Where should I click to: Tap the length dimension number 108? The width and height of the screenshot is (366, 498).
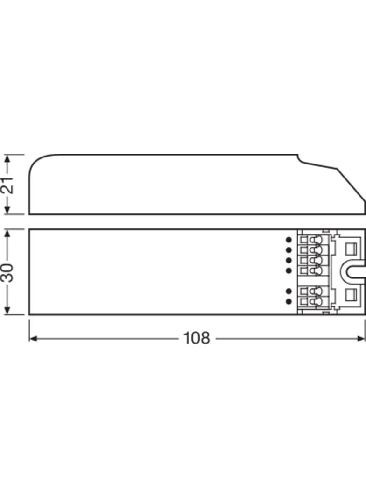pos(197,338)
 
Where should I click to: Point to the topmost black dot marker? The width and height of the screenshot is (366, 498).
pos(289,239)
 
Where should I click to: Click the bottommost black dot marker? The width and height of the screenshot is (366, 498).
pos(289,302)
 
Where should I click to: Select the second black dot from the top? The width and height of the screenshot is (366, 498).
pos(289,249)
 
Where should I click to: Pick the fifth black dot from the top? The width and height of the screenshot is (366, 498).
pos(289,291)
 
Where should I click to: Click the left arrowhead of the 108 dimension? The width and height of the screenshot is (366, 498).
pos(32,338)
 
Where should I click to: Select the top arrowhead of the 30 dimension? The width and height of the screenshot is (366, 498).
pos(7,233)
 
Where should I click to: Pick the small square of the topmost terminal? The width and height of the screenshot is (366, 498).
pos(304,240)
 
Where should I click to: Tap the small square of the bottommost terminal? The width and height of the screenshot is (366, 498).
pos(304,302)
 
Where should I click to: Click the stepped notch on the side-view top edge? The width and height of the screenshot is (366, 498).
pos(300,160)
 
